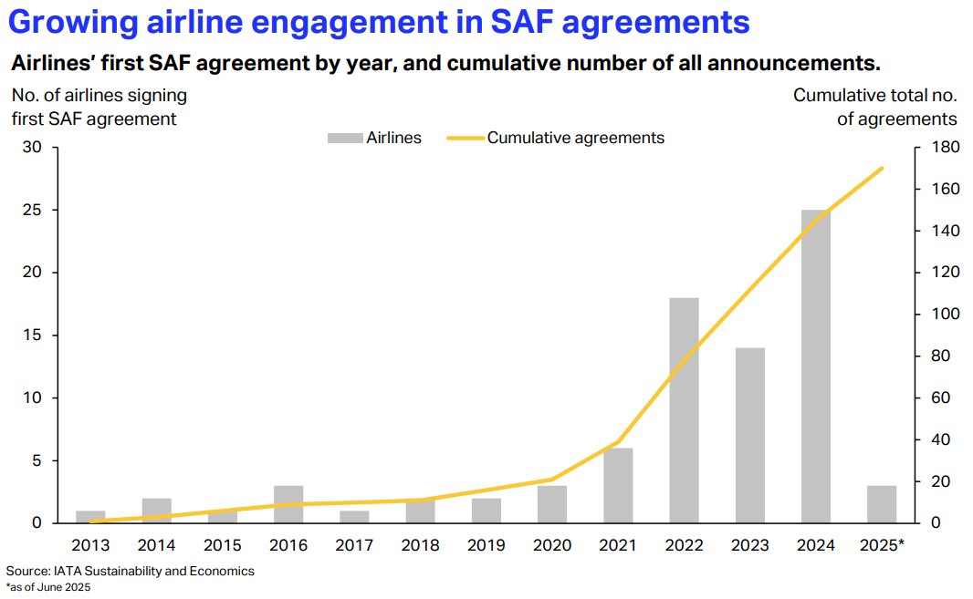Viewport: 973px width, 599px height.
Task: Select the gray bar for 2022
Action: (x=684, y=410)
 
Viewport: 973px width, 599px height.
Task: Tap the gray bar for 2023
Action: (x=749, y=435)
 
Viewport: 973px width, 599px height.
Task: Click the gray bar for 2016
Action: (x=288, y=504)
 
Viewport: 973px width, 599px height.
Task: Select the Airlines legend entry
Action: (x=375, y=138)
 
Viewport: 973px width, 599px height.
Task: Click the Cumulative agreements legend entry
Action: (x=557, y=138)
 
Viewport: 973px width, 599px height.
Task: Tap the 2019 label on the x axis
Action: (x=486, y=545)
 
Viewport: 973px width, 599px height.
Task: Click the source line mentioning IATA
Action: (x=130, y=571)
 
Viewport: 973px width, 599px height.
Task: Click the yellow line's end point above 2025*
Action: (x=882, y=168)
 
